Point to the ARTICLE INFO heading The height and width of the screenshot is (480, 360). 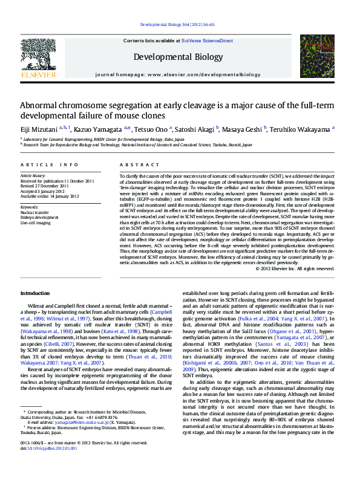49,164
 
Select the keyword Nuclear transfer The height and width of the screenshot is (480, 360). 35,213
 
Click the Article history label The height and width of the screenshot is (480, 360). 33,175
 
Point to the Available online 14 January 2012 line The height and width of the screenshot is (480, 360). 49,195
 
